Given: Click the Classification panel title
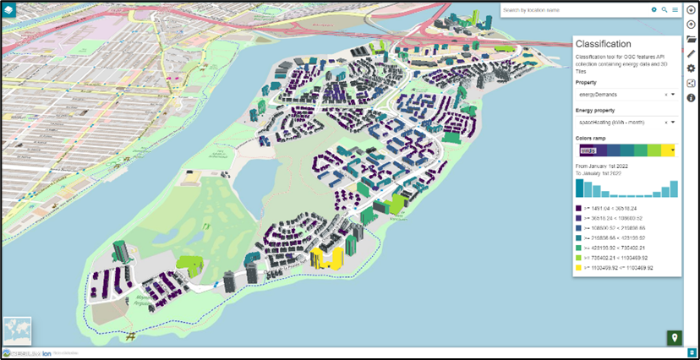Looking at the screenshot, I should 603,44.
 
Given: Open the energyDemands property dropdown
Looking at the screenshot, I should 673,95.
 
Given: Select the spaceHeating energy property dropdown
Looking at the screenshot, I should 673,123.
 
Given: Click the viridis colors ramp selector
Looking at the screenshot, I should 626,150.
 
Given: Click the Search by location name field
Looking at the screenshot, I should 575,10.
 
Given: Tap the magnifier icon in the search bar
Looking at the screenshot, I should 664,10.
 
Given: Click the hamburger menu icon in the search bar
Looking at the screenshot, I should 675,10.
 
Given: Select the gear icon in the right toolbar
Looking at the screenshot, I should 691,68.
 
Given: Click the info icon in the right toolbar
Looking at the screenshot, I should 691,98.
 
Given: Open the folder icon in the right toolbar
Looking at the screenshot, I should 691,39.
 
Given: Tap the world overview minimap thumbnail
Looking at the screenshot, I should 17,330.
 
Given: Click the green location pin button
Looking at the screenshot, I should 674,338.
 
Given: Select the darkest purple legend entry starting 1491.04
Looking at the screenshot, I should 578,207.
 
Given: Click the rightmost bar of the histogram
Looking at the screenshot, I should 674,188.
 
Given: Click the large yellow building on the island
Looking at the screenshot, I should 326,258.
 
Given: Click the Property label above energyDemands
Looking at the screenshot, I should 586,83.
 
